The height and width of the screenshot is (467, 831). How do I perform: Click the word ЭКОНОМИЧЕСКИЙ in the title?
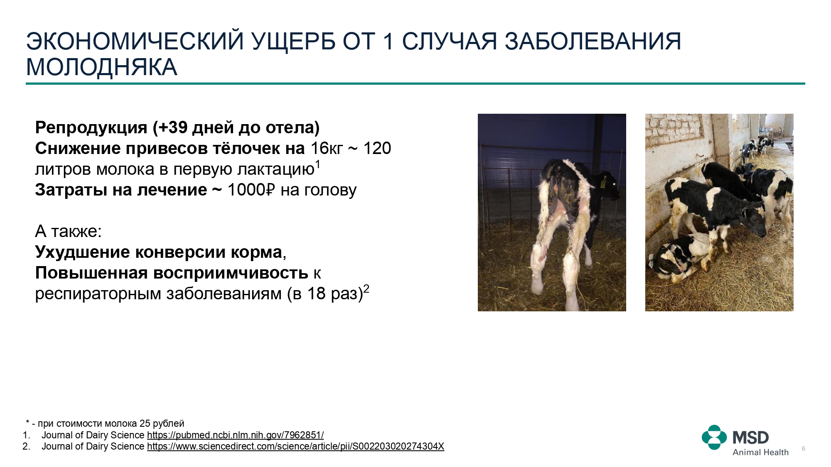click(x=135, y=42)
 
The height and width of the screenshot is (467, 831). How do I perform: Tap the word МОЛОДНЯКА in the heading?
click(x=102, y=67)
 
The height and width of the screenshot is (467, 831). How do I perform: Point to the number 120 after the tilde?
click(x=377, y=148)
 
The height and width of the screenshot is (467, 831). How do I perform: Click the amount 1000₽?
click(x=251, y=190)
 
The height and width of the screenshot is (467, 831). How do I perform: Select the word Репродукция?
click(x=91, y=128)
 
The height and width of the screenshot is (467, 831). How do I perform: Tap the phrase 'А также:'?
click(x=69, y=231)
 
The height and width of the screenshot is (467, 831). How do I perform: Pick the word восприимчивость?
click(x=231, y=273)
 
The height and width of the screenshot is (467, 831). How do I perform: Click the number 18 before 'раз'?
click(x=316, y=293)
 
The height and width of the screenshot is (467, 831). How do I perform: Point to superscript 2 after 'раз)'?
click(x=366, y=289)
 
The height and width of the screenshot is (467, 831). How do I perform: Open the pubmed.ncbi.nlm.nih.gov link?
click(x=235, y=435)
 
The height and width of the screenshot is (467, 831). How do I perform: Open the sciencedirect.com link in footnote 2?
click(x=295, y=446)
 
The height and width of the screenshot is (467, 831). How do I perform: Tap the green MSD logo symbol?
click(x=714, y=437)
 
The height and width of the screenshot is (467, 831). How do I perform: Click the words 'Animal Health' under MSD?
click(x=760, y=452)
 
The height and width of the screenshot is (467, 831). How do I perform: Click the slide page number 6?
click(x=804, y=449)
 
